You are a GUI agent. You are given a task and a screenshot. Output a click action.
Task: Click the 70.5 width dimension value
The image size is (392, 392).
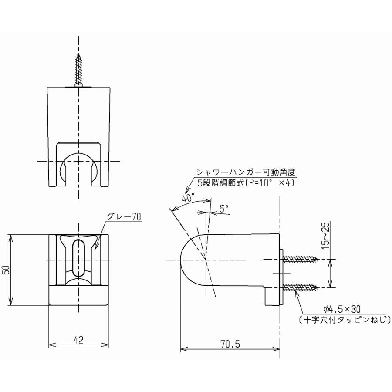[x=230, y=344]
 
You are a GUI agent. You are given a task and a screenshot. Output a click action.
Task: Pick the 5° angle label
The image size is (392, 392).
[x=224, y=209]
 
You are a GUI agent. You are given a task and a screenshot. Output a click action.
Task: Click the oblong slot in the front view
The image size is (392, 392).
[x=79, y=258]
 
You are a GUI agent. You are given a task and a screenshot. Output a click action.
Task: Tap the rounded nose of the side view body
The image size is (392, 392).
[x=189, y=260]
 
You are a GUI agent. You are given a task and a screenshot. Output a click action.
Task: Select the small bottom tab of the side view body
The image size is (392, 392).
[x=271, y=297]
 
